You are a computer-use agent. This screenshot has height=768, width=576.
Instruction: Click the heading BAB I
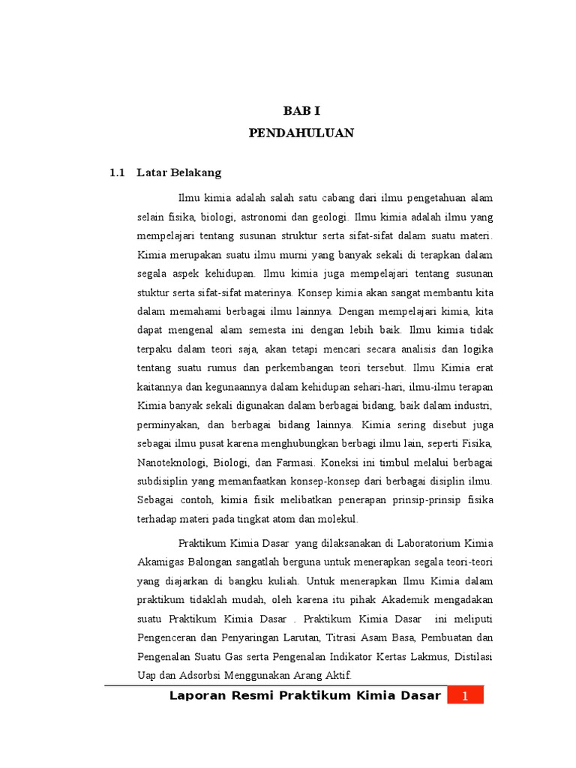point(301,111)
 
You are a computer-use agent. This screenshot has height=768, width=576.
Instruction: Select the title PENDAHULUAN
point(301,133)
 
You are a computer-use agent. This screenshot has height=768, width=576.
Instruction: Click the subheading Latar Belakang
point(179,172)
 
